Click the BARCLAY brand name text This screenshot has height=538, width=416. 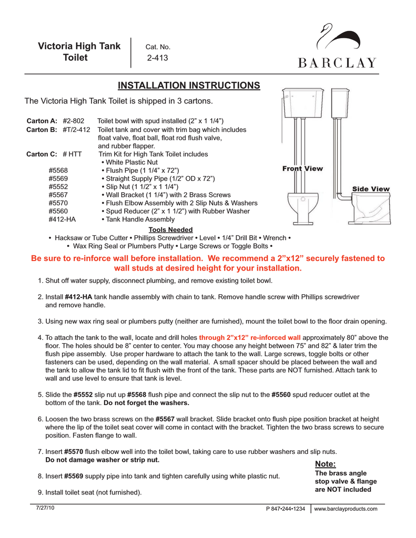pyautogui.click(x=338, y=63)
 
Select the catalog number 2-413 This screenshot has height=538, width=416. pyautogui.click(x=157, y=58)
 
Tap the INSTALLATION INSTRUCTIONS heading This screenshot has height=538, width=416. pyautogui.click(x=188, y=86)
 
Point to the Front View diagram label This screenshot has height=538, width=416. pyautogui.click(x=302, y=169)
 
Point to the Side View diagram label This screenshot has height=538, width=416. pyautogui.click(x=371, y=189)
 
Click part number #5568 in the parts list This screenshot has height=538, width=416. pyautogui.click(x=58, y=170)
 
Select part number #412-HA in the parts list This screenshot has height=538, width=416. pyautogui.click(x=62, y=219)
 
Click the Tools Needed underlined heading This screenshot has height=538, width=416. pyautogui.click(x=171, y=230)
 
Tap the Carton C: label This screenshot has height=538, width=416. pyautogui.click(x=42, y=154)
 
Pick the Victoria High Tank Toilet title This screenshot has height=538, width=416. pyautogui.click(x=79, y=52)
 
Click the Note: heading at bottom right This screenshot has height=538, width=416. pyautogui.click(x=324, y=463)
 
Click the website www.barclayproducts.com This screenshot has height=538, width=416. pyautogui.click(x=346, y=509)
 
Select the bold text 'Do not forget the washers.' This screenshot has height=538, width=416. pyautogui.click(x=146, y=403)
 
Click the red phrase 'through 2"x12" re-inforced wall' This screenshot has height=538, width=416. pyautogui.click(x=250, y=337)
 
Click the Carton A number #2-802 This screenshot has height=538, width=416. pyautogui.click(x=74, y=121)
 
